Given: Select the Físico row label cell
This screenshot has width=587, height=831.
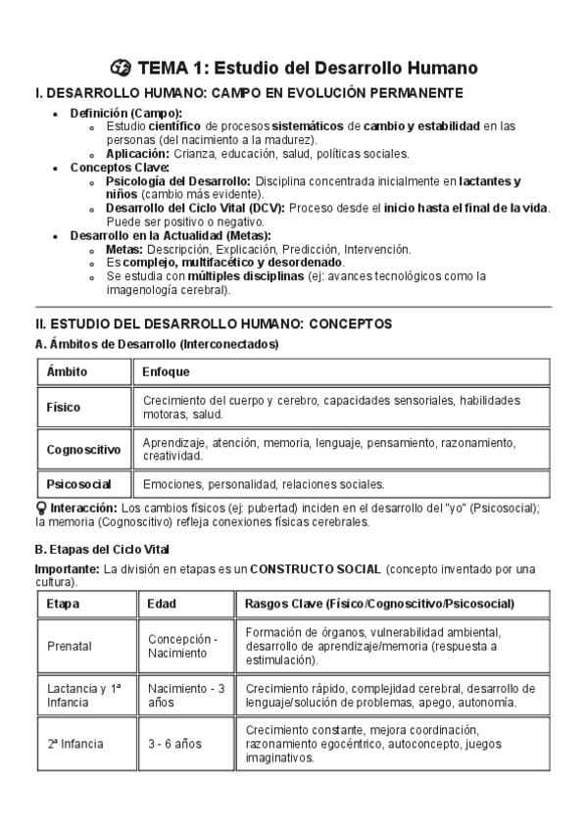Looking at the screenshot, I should (x=65, y=407).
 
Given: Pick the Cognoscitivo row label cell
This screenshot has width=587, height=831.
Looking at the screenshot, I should (x=83, y=450).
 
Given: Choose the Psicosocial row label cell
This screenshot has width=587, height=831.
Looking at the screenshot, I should (x=78, y=484).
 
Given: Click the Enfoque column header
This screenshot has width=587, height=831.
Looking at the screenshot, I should (x=166, y=372).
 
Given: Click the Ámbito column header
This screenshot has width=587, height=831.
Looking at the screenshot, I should (x=67, y=372).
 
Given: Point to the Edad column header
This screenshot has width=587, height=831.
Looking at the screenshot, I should (x=162, y=604).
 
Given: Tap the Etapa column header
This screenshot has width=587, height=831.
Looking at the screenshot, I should (x=63, y=604).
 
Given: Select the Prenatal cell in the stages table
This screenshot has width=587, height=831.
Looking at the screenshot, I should (x=69, y=646).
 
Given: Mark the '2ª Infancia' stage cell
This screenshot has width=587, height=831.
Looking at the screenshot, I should (x=74, y=744).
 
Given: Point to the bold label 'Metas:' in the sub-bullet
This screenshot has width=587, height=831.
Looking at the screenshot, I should (x=124, y=250).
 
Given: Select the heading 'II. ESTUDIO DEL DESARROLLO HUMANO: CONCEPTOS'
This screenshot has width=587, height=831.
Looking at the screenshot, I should (x=213, y=323).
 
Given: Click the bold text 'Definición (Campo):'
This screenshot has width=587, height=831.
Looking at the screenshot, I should (x=125, y=113).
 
